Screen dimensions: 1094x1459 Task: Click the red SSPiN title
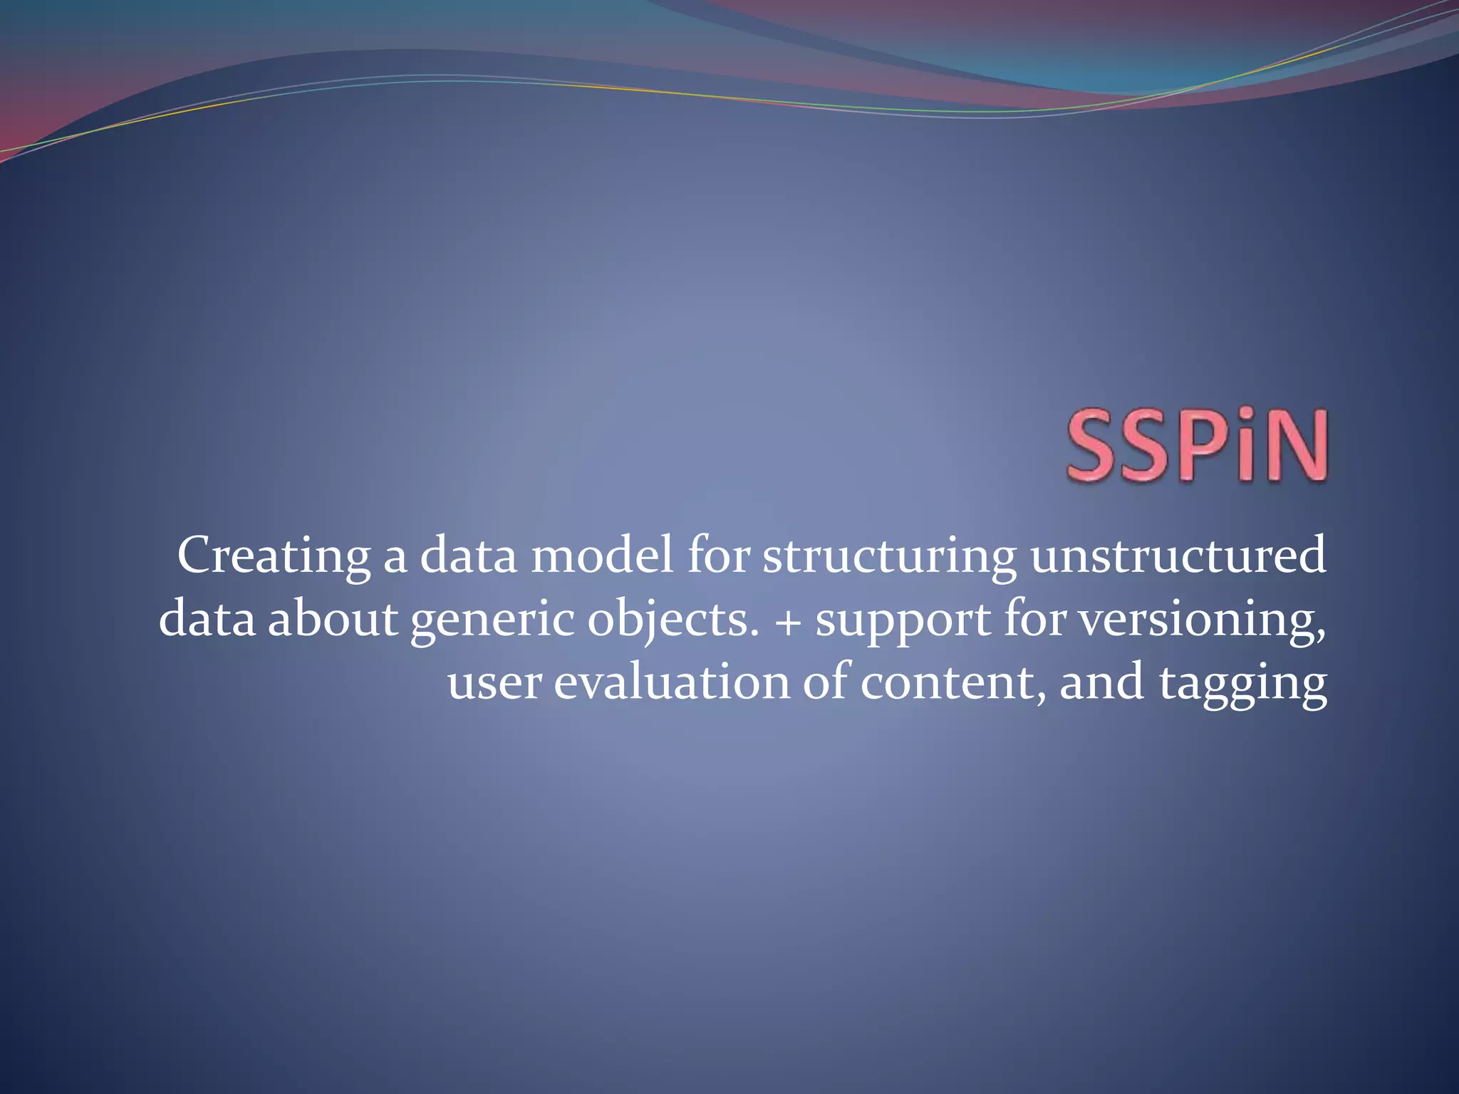coord(1197,444)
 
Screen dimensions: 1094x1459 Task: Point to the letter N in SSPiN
coord(1292,444)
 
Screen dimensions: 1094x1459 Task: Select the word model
coord(602,556)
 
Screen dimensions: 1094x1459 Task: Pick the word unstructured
coord(1178,556)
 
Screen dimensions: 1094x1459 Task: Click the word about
coord(332,618)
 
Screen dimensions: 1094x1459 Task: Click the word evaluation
coord(672,681)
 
